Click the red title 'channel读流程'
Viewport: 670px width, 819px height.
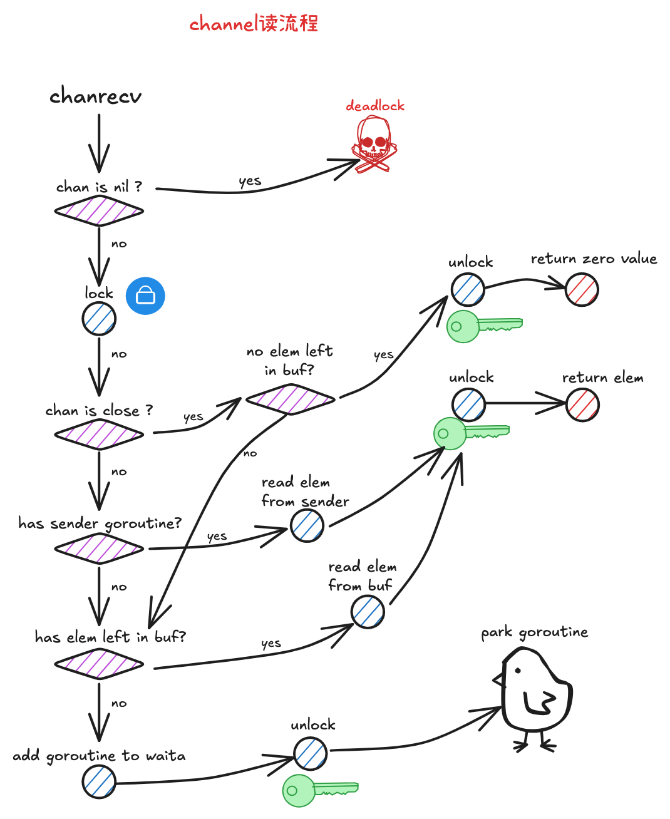pyautogui.click(x=254, y=24)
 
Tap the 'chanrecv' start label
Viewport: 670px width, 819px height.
pyautogui.click(x=96, y=96)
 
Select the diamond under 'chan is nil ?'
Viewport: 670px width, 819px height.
pyautogui.click(x=99, y=210)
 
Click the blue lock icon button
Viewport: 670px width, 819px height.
pyautogui.click(x=145, y=296)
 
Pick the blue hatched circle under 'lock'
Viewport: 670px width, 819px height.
pyautogui.click(x=99, y=319)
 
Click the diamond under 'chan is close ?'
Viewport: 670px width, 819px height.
pyautogui.click(x=99, y=434)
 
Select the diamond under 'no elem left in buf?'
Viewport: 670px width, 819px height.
pyautogui.click(x=290, y=399)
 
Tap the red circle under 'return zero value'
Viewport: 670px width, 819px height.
pyautogui.click(x=582, y=290)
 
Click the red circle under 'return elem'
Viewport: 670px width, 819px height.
pyautogui.click(x=582, y=404)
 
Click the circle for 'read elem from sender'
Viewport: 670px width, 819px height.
pyautogui.click(x=307, y=525)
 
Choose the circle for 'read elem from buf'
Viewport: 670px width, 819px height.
pyautogui.click(x=368, y=611)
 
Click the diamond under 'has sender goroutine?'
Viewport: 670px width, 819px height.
pyautogui.click(x=99, y=549)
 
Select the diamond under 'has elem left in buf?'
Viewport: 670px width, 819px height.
pyautogui.click(x=99, y=664)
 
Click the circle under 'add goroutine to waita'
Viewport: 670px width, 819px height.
pyautogui.click(x=99, y=782)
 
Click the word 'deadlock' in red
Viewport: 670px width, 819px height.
pyautogui.click(x=375, y=106)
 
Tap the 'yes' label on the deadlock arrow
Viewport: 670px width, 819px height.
pyautogui.click(x=250, y=181)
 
